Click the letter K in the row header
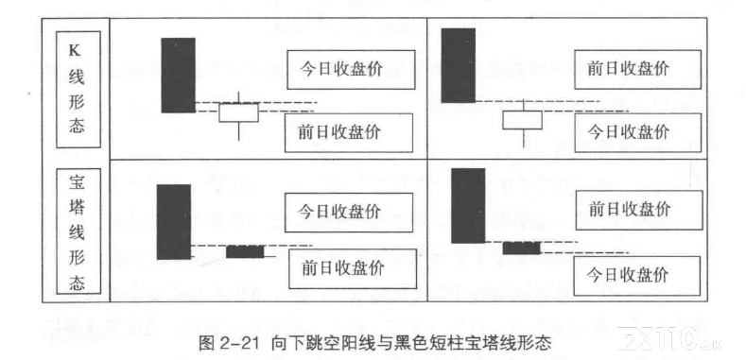coord(76,51)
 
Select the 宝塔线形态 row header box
coord(78,231)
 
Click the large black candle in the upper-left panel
coord(178,76)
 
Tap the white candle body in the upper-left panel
coord(239,112)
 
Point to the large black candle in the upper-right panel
coord(459,65)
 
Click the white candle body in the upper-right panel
coord(523,120)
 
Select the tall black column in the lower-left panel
coord(174,222)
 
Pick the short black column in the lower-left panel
coord(245,251)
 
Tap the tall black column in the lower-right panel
coord(468,206)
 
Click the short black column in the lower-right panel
coord(521,248)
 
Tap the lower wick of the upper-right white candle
coord(523,138)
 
